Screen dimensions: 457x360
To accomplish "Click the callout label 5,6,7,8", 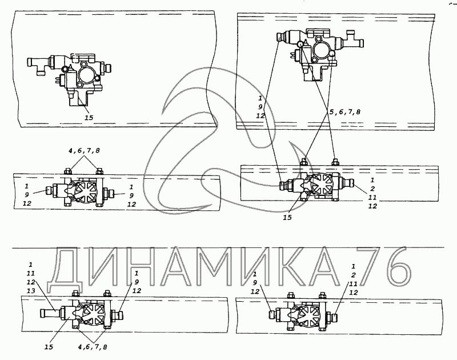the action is point(345,112).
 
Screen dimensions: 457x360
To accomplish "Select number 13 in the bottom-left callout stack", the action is point(31,291).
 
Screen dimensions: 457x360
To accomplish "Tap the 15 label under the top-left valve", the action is point(89,118).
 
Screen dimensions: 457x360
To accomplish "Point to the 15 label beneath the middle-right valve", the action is point(287,218).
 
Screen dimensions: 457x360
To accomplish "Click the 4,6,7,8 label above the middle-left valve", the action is point(84,151).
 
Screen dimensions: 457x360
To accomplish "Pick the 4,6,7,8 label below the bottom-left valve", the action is point(92,347).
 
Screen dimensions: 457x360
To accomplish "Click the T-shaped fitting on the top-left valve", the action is point(38,65).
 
